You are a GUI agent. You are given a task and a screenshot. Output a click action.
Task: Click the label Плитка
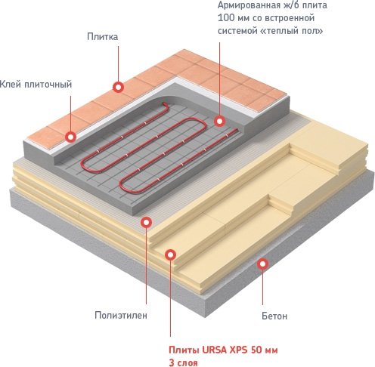tap(102, 37)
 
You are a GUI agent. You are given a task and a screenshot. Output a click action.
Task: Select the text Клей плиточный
tap(36, 85)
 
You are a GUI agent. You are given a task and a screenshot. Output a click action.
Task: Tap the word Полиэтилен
tap(121, 315)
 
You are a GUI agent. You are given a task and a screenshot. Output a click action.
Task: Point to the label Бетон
tap(274, 316)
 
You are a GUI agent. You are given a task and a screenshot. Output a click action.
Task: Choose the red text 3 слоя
tap(183, 363)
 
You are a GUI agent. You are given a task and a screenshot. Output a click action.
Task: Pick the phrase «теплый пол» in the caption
tap(297, 31)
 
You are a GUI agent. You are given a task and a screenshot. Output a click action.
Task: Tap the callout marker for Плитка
tap(118, 88)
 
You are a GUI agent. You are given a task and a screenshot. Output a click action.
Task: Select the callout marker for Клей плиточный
tap(70, 137)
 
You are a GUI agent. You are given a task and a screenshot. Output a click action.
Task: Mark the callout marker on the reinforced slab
tap(220, 121)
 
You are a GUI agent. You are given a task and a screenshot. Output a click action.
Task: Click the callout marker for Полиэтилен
tap(146, 222)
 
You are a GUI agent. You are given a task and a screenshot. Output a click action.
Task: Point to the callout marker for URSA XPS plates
tap(171, 255)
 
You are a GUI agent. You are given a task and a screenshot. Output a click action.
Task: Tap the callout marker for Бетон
tap(262, 264)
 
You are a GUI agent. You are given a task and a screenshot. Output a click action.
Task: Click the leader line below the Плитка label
tap(118, 63)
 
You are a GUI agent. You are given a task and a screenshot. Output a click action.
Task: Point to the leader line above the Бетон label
tap(262, 287)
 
